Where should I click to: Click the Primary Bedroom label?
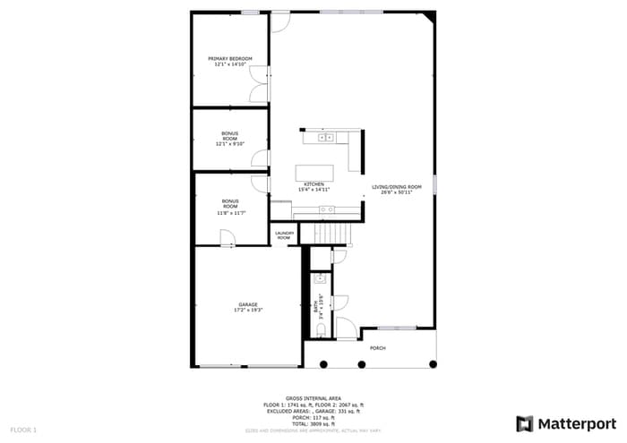click(x=230, y=62)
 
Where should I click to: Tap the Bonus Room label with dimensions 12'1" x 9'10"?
click(x=230, y=137)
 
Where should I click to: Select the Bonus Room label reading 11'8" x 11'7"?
click(x=230, y=208)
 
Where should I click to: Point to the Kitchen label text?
click(x=313, y=187)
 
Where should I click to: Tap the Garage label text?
click(x=248, y=307)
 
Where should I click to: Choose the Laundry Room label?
click(x=284, y=236)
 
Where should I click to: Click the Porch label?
click(x=378, y=347)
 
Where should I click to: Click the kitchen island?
click(x=314, y=171)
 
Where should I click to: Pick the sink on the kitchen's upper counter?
click(x=326, y=138)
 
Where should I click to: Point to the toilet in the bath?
click(x=320, y=330)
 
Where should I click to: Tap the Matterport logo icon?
click(x=525, y=422)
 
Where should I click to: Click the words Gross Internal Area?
click(x=313, y=397)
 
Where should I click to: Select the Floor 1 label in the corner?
click(x=24, y=430)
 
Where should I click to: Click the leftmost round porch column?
click(x=323, y=364)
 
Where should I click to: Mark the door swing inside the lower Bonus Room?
click(x=228, y=238)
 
